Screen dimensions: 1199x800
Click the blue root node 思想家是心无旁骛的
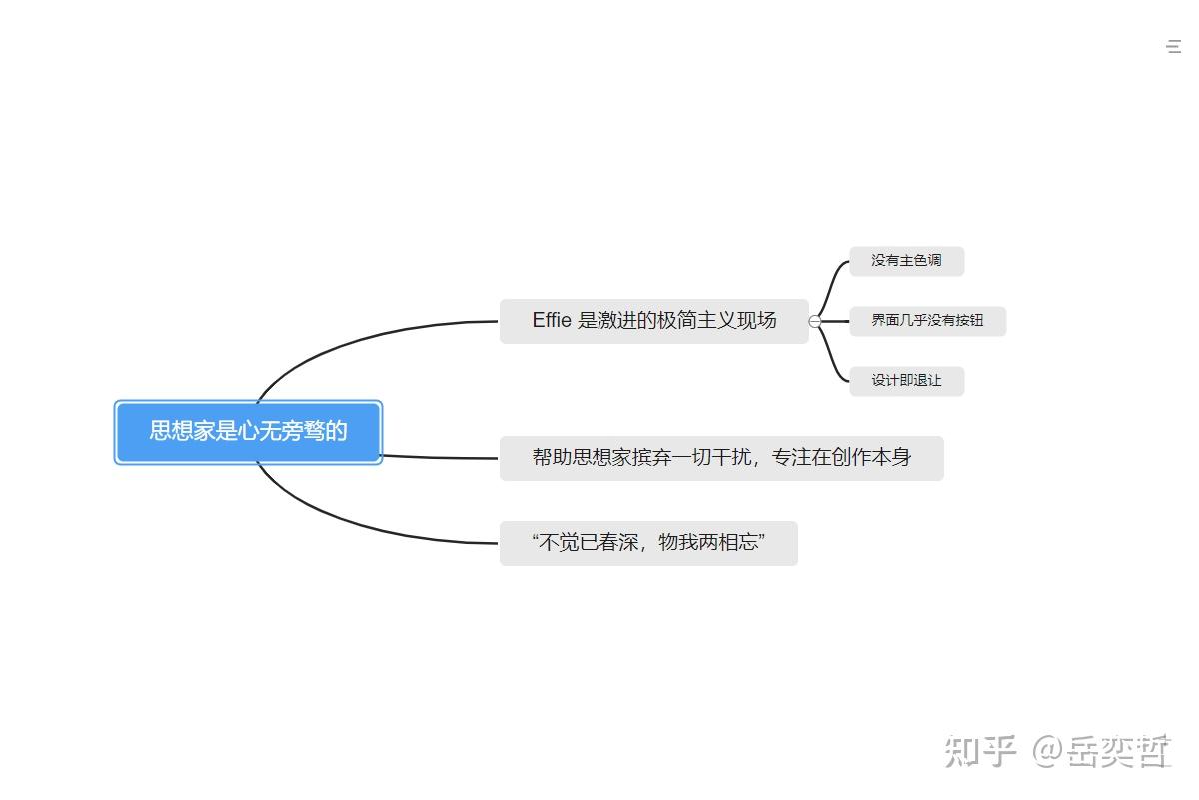point(248,432)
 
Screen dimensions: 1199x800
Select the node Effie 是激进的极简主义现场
point(653,321)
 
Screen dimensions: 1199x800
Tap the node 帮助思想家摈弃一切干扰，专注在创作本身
point(720,458)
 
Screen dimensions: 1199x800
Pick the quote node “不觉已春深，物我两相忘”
point(648,543)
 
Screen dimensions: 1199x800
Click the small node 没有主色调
point(906,261)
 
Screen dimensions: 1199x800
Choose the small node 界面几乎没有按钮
point(927,321)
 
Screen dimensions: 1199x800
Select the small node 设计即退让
point(906,381)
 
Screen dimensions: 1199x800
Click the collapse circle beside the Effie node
point(815,321)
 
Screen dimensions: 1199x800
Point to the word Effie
point(552,321)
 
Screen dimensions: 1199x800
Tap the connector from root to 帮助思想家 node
point(440,457)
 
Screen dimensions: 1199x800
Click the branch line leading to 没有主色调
point(832,280)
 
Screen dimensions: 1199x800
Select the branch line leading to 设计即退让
point(832,362)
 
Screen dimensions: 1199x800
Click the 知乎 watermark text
point(980,750)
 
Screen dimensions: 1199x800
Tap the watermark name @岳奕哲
point(1102,750)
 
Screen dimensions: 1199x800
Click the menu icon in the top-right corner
point(1175,46)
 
